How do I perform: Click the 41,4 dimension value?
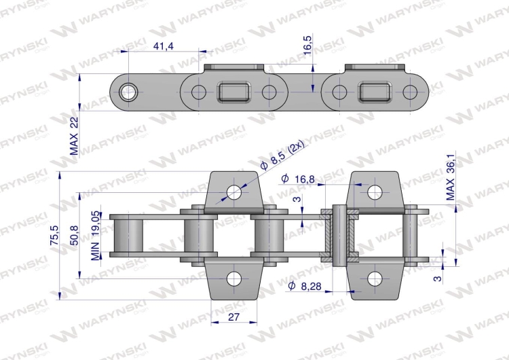point(164,46)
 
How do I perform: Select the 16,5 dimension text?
point(307,45)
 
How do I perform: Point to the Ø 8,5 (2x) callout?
point(282,156)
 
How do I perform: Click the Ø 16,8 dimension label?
point(298,179)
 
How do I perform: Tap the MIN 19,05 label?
point(95,236)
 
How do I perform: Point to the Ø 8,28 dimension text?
point(305,286)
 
